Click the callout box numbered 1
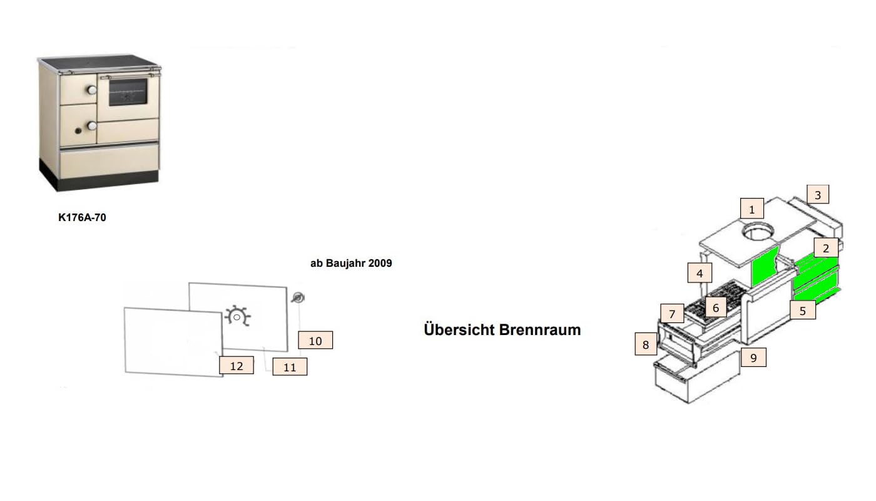751,209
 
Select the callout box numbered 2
825,248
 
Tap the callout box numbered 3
817,195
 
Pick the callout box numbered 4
700,273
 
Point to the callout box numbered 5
802,310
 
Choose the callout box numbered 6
716,307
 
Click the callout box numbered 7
672,314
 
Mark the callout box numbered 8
646,344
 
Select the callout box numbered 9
753,358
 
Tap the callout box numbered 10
315,340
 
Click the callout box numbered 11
290,367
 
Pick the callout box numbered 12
237,365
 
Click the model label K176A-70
82,217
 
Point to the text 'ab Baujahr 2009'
351,263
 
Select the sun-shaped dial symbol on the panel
237,316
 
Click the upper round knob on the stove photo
92,90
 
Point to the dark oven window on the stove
128,92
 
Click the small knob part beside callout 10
298,298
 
